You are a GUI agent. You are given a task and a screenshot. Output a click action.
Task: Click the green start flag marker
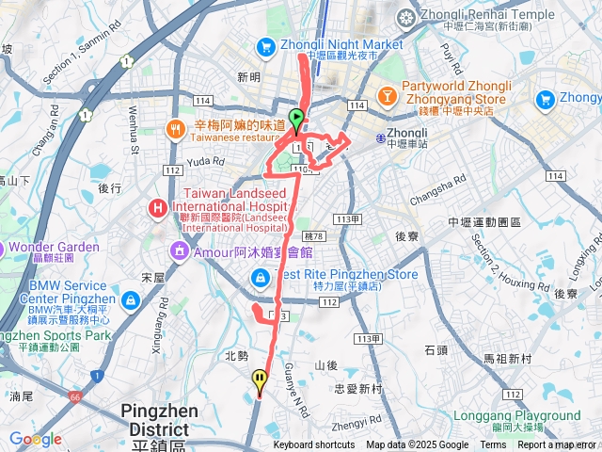pyautogui.click(x=296, y=120)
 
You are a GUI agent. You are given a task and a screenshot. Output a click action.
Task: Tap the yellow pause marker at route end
pyautogui.click(x=260, y=380)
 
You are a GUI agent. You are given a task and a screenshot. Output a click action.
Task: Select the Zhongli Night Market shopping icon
pyautogui.click(x=265, y=45)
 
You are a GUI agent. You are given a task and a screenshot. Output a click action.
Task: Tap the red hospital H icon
pyautogui.click(x=157, y=206)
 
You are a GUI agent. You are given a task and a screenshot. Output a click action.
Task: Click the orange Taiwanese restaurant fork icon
pyautogui.click(x=174, y=128)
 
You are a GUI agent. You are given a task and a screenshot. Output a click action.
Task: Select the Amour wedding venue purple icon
pyautogui.click(x=178, y=251)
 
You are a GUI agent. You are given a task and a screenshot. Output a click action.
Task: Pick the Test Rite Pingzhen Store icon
pyautogui.click(x=258, y=277)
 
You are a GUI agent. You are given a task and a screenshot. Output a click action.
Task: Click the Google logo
pyautogui.click(x=35, y=439)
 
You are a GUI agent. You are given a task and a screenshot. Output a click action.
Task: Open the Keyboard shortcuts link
pyautogui.click(x=314, y=445)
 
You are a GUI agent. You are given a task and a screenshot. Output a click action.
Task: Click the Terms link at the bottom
pyautogui.click(x=493, y=445)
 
